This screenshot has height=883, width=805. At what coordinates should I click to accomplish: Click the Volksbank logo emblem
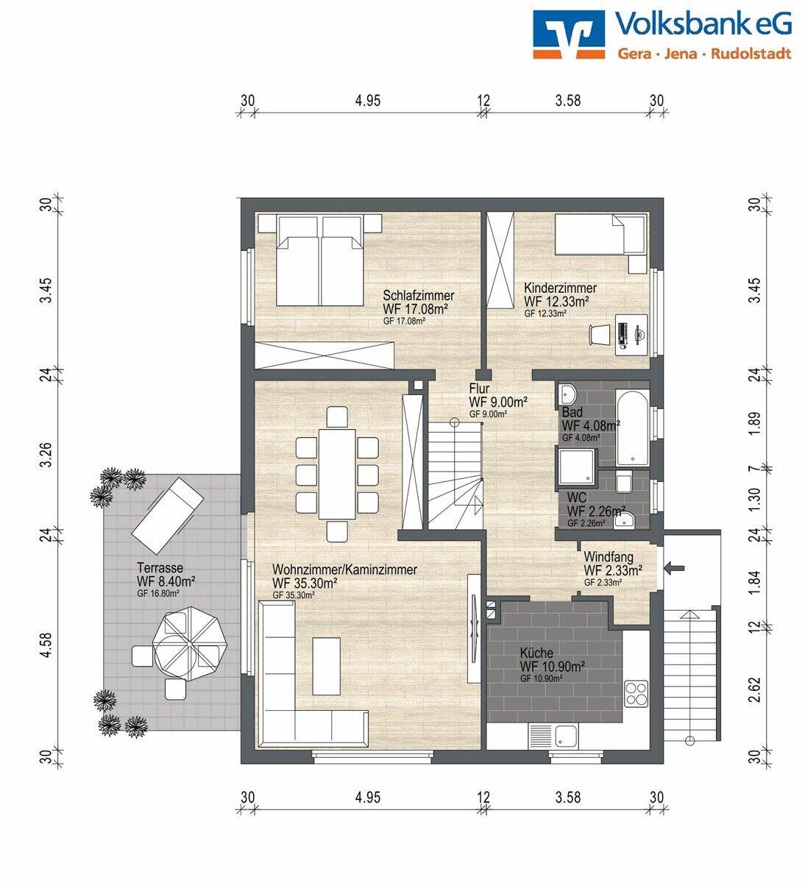pyautogui.click(x=569, y=35)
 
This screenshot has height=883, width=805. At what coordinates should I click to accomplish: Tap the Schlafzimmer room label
pyautogui.click(x=419, y=295)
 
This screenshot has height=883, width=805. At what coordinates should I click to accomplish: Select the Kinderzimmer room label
pyautogui.click(x=560, y=288)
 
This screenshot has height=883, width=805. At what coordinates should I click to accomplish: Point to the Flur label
pyautogui.click(x=479, y=389)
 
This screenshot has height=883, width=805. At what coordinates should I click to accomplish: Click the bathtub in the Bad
pyautogui.click(x=632, y=427)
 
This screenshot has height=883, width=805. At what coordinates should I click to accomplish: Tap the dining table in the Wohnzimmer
pyautogui.click(x=337, y=474)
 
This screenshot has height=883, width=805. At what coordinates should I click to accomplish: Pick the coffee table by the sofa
pyautogui.click(x=326, y=667)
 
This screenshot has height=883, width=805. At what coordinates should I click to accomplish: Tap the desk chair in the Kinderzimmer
pyautogui.click(x=600, y=334)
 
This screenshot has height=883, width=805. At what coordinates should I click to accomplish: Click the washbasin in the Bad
pyautogui.click(x=567, y=394)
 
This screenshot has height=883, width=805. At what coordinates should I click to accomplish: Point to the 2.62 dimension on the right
pyautogui.click(x=755, y=689)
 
